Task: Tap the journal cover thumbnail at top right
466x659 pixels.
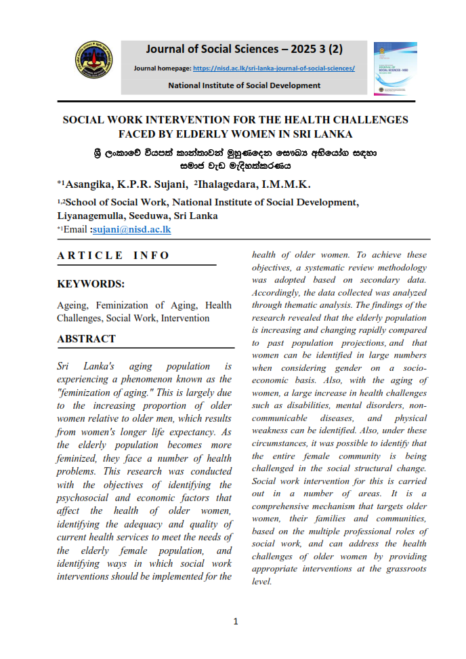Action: click(396, 68)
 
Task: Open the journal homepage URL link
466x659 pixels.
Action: click(274, 68)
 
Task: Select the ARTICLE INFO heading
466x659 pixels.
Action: click(114, 256)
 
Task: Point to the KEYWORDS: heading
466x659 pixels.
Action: click(91, 285)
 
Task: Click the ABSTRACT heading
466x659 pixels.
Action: click(87, 338)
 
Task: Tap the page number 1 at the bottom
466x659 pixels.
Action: click(235, 621)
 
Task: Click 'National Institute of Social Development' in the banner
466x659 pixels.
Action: click(244, 85)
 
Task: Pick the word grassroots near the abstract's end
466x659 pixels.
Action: click(404, 569)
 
